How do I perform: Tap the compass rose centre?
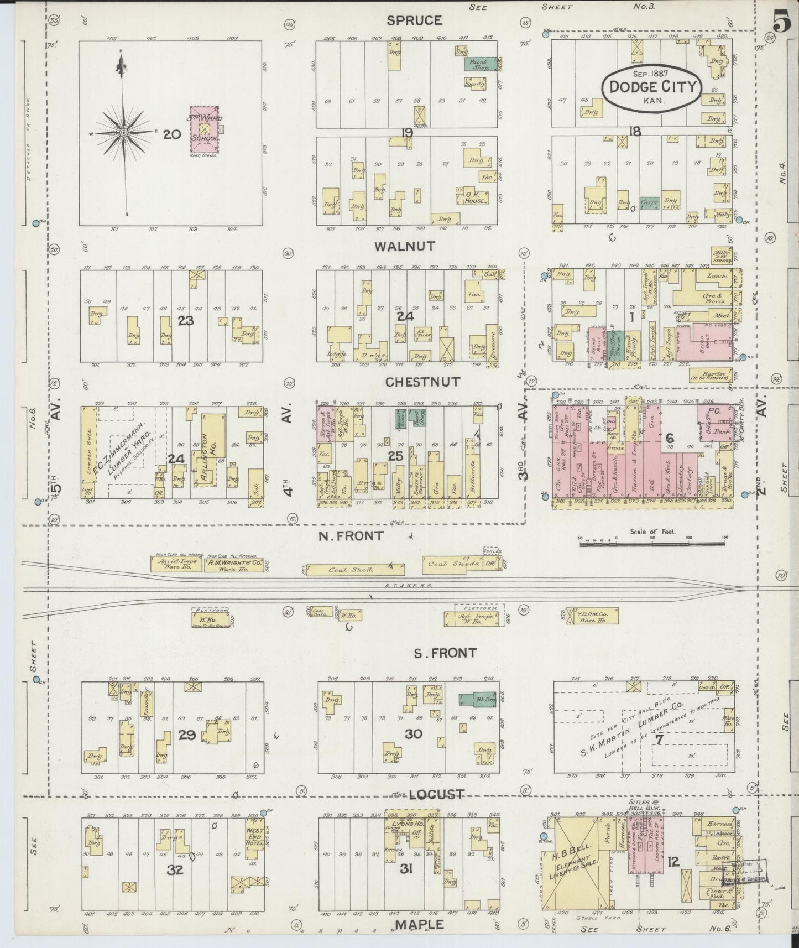[x=124, y=133]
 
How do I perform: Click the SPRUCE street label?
[x=414, y=21]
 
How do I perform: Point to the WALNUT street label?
[x=404, y=246]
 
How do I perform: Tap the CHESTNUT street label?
[x=415, y=382]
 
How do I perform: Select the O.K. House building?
[x=475, y=197]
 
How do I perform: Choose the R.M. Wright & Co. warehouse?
[x=234, y=564]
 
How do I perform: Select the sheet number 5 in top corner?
[x=781, y=23]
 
